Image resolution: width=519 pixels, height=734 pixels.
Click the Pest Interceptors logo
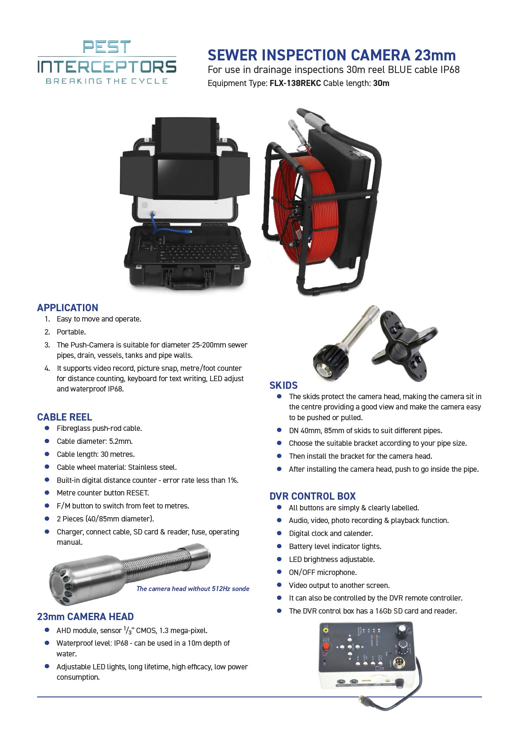click(107, 62)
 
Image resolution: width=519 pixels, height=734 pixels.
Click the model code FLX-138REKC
click(295, 83)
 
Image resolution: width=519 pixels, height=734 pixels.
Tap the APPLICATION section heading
click(68, 308)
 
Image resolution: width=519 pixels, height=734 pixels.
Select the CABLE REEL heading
click(65, 417)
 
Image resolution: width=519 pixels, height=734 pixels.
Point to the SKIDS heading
click(284, 385)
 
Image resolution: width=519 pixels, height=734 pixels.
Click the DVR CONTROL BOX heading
click(313, 496)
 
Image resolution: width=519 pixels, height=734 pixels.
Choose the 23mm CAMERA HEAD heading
click(85, 617)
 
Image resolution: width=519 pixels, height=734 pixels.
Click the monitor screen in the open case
click(186, 177)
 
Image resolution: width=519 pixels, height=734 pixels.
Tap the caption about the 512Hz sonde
click(193, 589)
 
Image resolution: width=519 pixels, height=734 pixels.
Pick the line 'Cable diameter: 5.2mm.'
click(95, 441)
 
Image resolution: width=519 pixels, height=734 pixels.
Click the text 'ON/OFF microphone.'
click(323, 572)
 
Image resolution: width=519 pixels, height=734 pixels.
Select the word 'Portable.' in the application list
click(71, 332)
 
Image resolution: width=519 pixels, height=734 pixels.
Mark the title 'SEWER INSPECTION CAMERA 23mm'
click(332, 55)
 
